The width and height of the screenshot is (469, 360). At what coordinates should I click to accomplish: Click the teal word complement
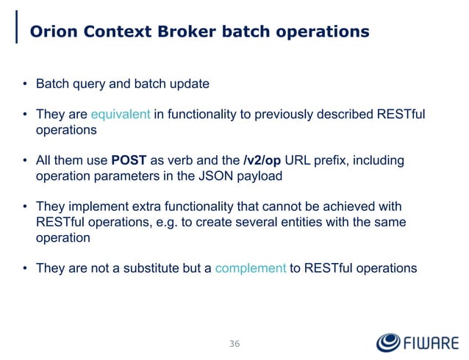coord(251,268)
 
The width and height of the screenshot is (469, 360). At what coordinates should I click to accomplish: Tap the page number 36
coord(234,344)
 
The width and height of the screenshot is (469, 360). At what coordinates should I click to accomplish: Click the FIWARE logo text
coord(430,344)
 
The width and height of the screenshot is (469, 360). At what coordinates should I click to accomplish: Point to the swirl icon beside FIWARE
coord(387,343)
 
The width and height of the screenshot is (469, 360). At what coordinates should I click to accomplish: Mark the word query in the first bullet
coord(84,84)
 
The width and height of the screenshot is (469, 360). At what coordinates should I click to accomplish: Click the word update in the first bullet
coord(190,84)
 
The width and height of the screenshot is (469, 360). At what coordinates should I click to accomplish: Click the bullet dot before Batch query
coord(24,84)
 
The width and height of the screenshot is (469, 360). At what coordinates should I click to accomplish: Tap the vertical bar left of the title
coord(18,29)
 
